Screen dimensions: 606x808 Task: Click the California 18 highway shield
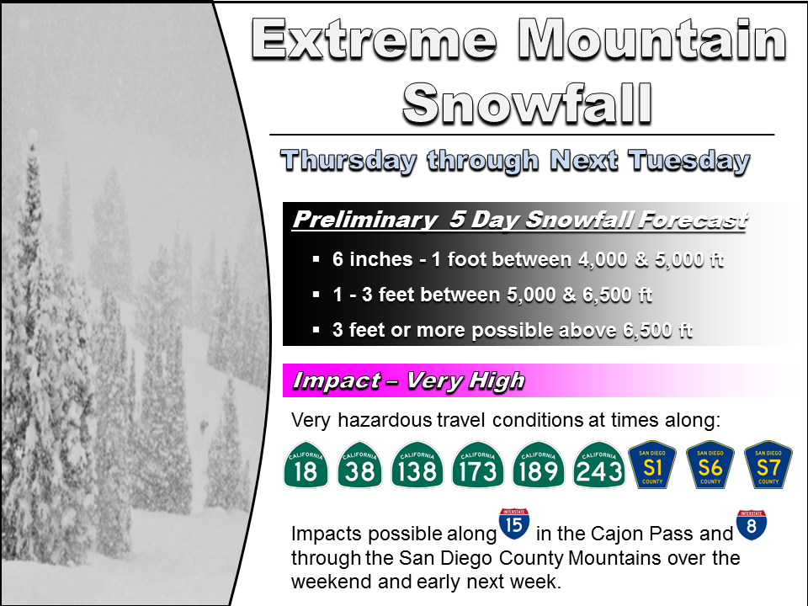306,465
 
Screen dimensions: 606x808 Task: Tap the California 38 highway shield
360,465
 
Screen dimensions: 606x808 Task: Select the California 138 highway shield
417,465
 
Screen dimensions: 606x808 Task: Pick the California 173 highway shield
478,465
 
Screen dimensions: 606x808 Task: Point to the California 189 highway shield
539,465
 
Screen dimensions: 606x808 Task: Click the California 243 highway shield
599,465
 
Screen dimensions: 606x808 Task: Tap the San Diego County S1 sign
653,465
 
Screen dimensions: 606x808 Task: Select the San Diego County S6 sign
710,465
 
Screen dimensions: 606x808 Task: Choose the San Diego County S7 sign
768,465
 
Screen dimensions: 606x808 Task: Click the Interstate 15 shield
513,524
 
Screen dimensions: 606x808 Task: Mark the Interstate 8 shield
751,524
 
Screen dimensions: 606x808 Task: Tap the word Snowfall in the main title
528,103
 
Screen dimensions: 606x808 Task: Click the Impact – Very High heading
408,380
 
